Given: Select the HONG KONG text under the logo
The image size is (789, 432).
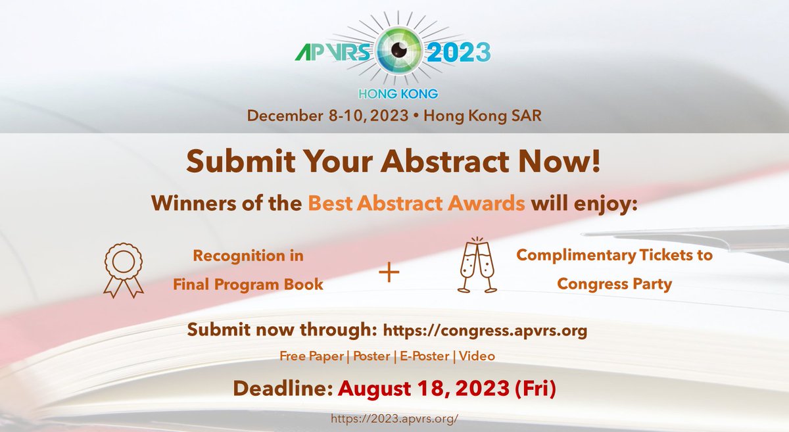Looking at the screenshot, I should coord(394,94).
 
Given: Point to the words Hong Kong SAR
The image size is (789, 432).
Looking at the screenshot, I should coord(483,116).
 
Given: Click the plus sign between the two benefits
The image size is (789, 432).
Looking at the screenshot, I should coord(389,272).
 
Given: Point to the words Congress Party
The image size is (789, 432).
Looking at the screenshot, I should coord(614,283).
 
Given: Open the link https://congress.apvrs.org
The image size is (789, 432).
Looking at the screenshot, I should coord(485,331).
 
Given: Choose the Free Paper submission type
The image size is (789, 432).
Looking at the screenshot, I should coord(311,356).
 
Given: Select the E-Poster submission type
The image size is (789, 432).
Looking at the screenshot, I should coord(421,356).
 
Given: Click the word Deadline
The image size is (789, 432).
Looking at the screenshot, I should coord(283,388).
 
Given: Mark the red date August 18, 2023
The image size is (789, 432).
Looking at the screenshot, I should coord(421,388).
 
